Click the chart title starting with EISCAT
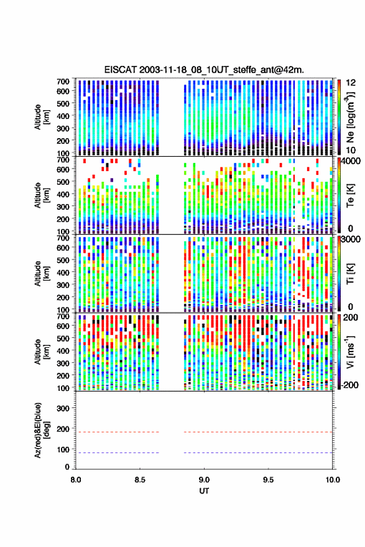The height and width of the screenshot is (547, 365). (x=204, y=70)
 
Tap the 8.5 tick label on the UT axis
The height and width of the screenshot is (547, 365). (x=140, y=480)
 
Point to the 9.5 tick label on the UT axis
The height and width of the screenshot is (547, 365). (x=268, y=480)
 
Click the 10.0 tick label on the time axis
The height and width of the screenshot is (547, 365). (x=333, y=480)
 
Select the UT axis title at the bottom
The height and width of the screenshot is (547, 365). (x=204, y=491)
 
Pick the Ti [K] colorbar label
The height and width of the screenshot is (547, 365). (x=350, y=274)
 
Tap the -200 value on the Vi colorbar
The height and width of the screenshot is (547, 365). (x=349, y=385)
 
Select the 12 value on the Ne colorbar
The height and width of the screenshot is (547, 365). (x=351, y=83)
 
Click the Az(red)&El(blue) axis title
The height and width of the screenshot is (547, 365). (x=42, y=430)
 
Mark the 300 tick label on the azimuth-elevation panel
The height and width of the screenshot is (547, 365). (x=63, y=408)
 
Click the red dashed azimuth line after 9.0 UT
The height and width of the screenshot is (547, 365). (x=258, y=432)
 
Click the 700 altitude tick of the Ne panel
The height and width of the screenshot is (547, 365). (x=63, y=82)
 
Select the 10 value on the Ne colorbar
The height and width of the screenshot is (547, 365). (x=351, y=151)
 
